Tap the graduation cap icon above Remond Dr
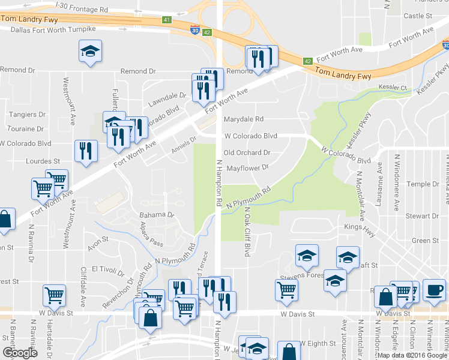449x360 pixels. click(x=90, y=52)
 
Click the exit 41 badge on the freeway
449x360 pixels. click(x=166, y=19)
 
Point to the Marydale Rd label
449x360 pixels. click(x=244, y=119)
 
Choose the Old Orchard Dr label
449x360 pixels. click(x=247, y=153)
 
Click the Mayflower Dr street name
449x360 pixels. click(x=247, y=169)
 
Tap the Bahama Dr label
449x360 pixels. click(x=156, y=214)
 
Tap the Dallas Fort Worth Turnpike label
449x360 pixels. click(x=53, y=29)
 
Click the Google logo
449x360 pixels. click(x=20, y=352)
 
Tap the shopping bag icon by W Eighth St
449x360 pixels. click(x=289, y=352)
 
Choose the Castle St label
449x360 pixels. click(x=418, y=16)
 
